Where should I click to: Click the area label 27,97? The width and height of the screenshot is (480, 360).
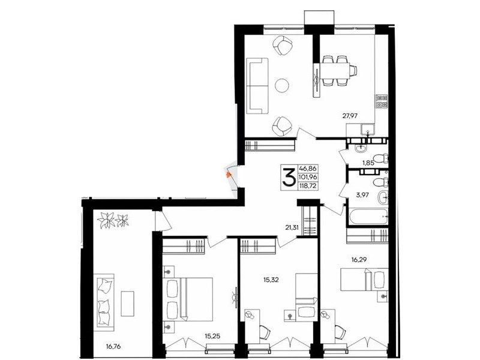(350, 115)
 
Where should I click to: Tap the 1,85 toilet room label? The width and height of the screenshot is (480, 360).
(368, 163)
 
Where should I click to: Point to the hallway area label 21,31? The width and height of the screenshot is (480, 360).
(292, 227)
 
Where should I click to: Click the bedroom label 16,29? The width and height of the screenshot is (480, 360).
(359, 260)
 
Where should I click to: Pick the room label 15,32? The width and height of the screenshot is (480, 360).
(271, 280)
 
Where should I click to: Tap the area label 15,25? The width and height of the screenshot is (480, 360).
(212, 337)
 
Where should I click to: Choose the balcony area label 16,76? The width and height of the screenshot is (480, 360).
(113, 347)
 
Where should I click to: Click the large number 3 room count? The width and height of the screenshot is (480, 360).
(289, 177)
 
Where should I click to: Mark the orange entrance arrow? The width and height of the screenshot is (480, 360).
(228, 175)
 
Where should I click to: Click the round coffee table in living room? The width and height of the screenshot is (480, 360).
(282, 86)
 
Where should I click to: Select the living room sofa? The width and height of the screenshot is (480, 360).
(258, 86)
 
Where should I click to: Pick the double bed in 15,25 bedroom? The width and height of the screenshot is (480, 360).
(189, 299)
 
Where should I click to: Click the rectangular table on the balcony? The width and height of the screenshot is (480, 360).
(127, 304)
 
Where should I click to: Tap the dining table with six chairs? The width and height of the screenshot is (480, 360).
(334, 70)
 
